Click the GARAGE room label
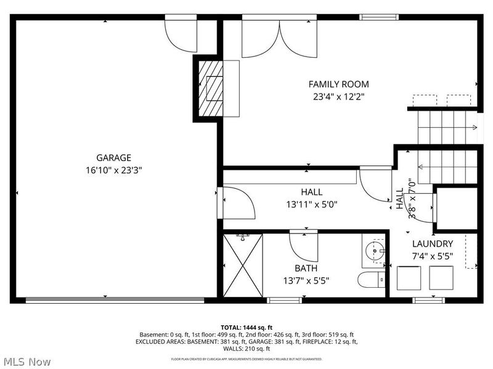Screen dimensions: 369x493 113,157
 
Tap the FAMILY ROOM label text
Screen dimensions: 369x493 338,84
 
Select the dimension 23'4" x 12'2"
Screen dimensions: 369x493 338,97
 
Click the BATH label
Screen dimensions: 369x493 306,268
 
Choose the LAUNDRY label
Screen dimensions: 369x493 432,244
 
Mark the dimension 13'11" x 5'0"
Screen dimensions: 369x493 311,204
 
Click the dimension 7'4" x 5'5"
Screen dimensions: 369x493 432,256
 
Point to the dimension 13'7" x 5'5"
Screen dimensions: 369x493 306,280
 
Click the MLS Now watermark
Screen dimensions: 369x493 26,362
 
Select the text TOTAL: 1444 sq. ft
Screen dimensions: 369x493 246,327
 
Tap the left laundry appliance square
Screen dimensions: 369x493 408,278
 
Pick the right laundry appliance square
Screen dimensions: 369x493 441,278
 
